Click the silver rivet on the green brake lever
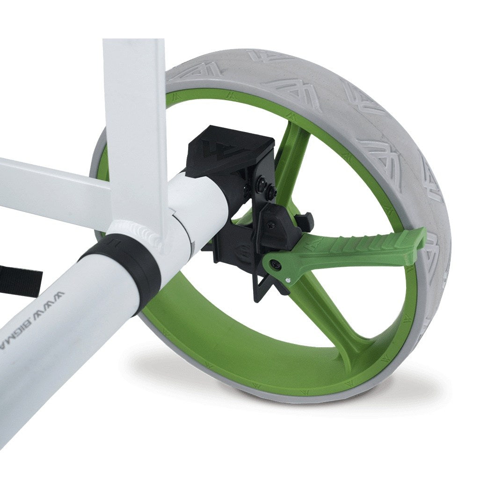point(289,280)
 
